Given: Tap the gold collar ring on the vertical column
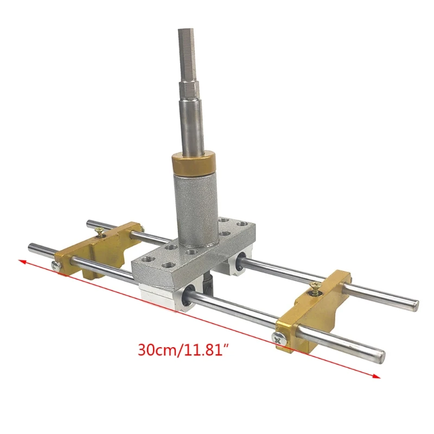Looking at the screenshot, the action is (x=193, y=164).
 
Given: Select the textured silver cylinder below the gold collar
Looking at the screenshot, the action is (x=196, y=210).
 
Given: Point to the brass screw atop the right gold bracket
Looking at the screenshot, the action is (x=315, y=288).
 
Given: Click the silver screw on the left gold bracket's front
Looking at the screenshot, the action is (x=56, y=266).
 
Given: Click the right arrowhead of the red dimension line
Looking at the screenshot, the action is (x=376, y=376).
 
